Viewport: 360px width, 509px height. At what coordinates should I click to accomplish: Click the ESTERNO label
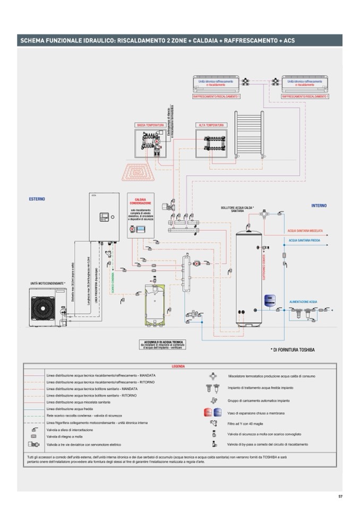(x=37, y=199)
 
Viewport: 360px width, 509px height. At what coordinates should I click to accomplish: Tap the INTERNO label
(x=319, y=205)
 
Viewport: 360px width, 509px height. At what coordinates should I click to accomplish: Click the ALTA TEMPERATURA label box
(x=211, y=125)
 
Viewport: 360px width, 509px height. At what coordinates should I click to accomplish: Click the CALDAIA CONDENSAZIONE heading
(x=140, y=201)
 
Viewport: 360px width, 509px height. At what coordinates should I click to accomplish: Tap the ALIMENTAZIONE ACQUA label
(x=303, y=301)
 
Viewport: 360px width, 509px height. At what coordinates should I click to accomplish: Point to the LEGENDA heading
(x=178, y=367)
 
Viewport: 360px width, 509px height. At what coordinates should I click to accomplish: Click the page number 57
(x=340, y=496)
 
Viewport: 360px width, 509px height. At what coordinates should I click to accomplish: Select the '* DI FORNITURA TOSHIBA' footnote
(x=293, y=350)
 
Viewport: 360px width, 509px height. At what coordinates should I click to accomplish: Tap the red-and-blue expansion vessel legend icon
(x=212, y=413)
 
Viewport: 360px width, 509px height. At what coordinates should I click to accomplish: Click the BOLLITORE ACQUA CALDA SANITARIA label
(x=237, y=209)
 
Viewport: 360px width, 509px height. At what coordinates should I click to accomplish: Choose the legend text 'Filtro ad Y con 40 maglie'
(x=250, y=423)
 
